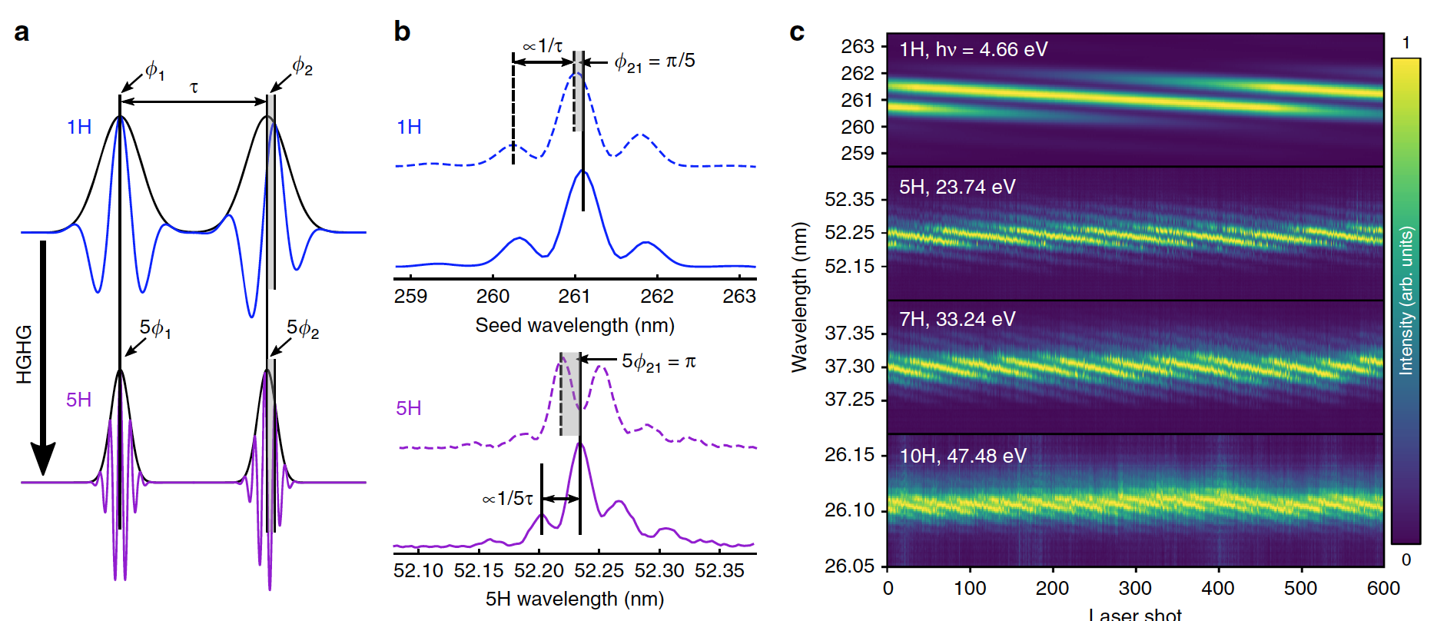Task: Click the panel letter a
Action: click(22, 33)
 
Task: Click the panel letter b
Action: click(402, 32)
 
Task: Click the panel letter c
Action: click(797, 32)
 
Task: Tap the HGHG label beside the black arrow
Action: click(25, 354)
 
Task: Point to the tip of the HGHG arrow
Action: click(43, 472)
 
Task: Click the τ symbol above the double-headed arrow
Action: click(194, 88)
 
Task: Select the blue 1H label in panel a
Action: click(79, 127)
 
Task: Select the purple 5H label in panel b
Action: click(409, 408)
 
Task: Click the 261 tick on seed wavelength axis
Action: click(574, 296)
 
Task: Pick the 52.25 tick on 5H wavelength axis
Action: click(599, 570)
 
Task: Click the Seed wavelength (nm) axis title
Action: click(575, 325)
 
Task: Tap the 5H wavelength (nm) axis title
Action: click(575, 599)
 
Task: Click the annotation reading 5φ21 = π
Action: click(659, 362)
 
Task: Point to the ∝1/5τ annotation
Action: click(507, 499)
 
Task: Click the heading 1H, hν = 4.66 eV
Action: click(973, 50)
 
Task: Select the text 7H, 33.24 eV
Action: click(957, 319)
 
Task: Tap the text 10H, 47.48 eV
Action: click(963, 456)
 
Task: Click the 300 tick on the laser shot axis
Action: click(1135, 588)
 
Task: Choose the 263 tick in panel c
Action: click(858, 46)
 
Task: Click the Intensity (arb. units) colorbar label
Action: click(1405, 301)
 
